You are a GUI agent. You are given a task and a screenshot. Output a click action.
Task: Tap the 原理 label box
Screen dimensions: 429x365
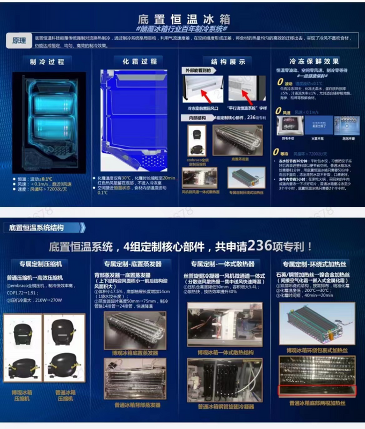tap(19, 41)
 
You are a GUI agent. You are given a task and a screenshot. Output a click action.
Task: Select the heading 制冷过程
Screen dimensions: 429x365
tap(47, 62)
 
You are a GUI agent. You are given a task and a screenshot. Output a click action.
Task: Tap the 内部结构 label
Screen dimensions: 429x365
tap(197, 118)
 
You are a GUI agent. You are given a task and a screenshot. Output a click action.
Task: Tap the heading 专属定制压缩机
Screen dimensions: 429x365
tap(41, 264)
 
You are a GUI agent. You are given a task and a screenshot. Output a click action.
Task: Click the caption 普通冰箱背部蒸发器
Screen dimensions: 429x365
tap(135, 405)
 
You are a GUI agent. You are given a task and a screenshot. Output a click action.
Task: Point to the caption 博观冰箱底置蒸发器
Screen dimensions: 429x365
tap(135, 353)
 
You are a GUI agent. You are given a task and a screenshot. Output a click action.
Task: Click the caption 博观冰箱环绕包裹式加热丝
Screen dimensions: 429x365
tap(317, 350)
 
